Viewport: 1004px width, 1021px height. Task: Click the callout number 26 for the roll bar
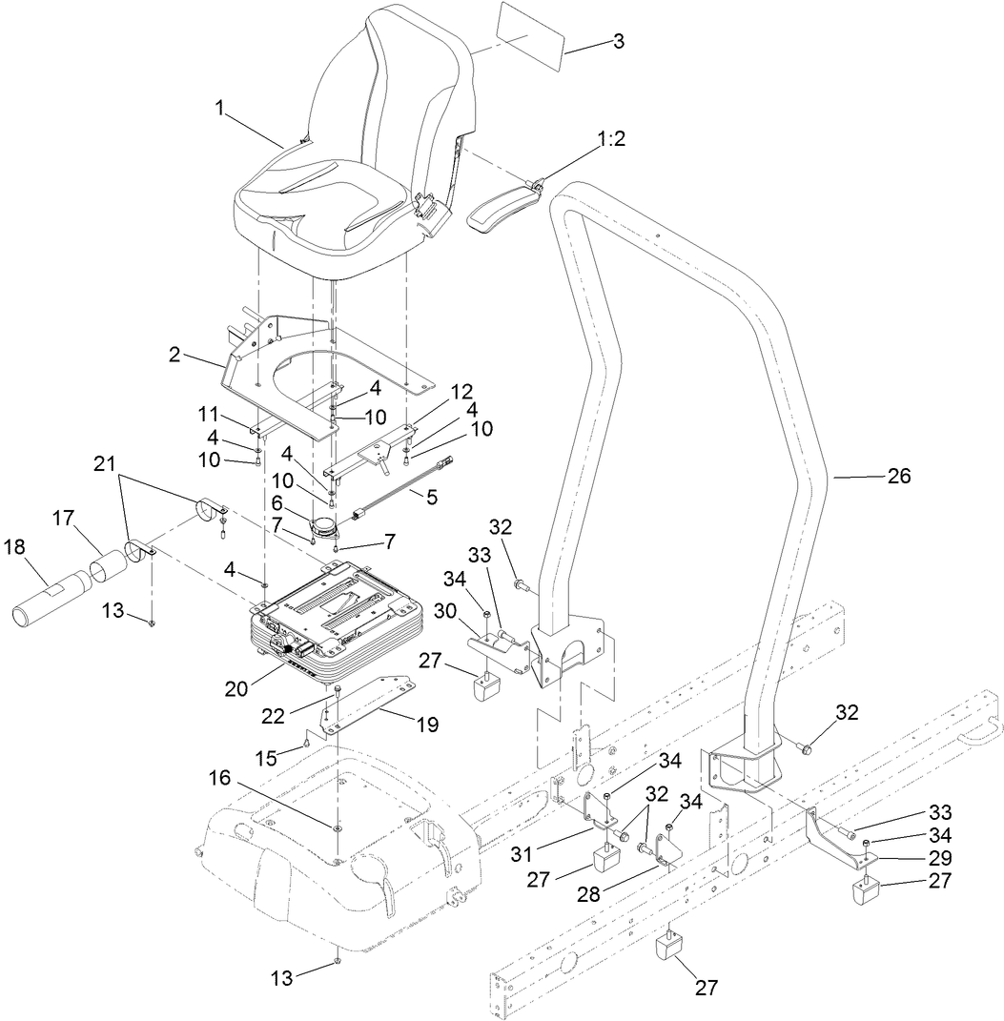[898, 477]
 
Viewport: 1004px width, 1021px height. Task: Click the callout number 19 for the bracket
[427, 725]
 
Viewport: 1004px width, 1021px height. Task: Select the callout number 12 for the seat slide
[461, 392]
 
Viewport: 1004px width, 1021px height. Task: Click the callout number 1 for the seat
[220, 109]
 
